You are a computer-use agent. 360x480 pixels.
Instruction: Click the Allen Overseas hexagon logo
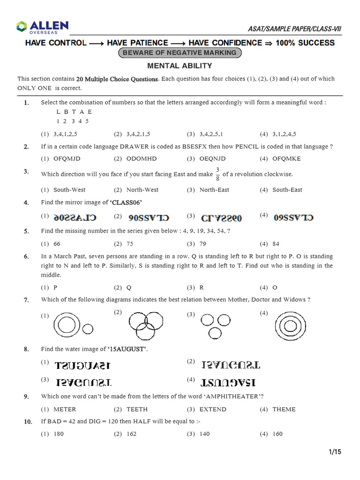click(22, 27)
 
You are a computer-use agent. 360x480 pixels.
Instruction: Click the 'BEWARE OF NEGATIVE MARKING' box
click(180, 53)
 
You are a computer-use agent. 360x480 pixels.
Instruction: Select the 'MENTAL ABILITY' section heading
click(180, 66)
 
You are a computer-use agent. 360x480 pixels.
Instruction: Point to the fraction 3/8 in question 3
click(217, 173)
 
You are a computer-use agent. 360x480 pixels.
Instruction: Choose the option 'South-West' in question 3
click(69, 190)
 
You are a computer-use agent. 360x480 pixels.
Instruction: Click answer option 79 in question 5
click(203, 244)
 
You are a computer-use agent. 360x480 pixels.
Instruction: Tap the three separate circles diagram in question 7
click(216, 325)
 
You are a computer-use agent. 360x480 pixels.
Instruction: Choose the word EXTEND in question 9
click(213, 409)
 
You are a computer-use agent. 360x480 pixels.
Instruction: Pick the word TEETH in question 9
click(137, 409)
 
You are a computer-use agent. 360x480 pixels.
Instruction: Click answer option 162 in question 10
click(132, 434)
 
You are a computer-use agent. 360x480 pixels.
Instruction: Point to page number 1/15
click(335, 452)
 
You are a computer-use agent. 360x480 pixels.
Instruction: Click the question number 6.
click(26, 256)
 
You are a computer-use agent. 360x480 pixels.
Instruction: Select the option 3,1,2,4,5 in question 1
click(284, 134)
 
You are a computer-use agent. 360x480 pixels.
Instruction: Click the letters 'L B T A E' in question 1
click(74, 112)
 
